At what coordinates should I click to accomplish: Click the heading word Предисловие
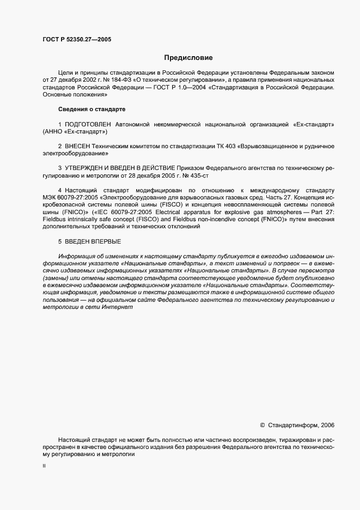tap(188, 57)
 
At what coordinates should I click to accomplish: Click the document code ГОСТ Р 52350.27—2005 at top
tap(77, 39)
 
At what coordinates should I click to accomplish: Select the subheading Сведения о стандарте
tap(91, 110)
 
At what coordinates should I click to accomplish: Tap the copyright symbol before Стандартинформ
tap(263, 425)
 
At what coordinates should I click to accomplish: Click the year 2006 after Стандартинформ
tap(328, 425)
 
